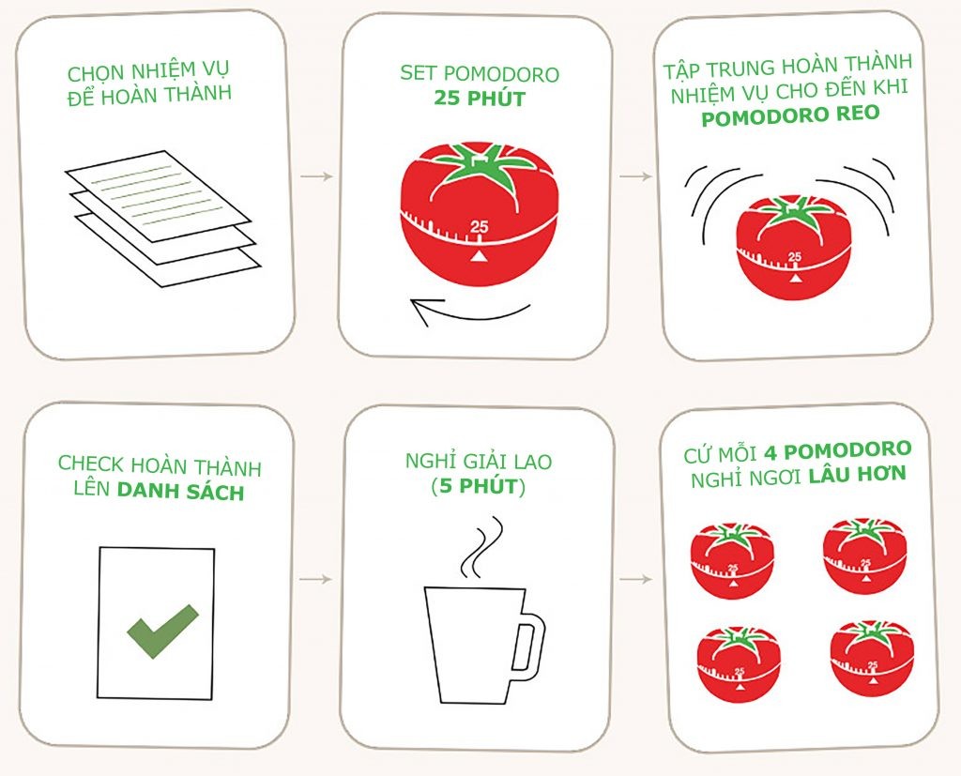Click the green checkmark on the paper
point(162,630)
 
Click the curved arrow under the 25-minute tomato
point(469,312)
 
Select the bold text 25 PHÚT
point(478,97)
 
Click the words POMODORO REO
point(790,115)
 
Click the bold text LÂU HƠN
point(858,474)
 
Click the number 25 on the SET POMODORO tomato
point(479,226)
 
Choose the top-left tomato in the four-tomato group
point(733,560)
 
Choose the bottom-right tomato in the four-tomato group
point(871,657)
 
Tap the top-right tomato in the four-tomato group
point(864,555)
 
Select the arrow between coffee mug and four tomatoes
point(635,580)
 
